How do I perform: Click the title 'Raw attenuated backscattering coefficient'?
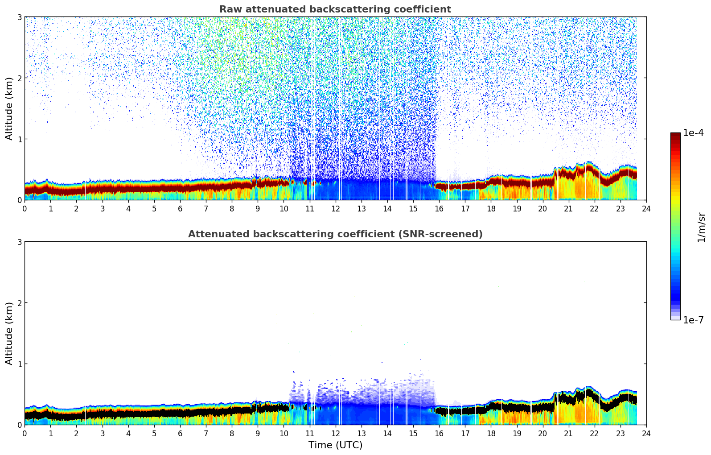(335, 9)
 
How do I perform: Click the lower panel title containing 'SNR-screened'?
(335, 234)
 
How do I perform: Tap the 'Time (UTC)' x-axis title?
(335, 445)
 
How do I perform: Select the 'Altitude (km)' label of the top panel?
(9, 108)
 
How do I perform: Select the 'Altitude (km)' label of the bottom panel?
(9, 333)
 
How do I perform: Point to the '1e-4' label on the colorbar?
(693, 133)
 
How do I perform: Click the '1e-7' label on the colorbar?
(693, 320)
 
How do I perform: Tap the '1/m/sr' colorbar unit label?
(701, 227)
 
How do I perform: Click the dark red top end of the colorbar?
(675, 135)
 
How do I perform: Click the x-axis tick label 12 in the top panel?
(335, 208)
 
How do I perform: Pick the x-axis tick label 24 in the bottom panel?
(646, 433)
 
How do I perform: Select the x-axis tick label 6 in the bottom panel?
(180, 433)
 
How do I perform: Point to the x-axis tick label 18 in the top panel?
(491, 208)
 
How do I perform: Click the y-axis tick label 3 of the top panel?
(20, 17)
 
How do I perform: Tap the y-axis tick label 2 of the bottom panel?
(20, 303)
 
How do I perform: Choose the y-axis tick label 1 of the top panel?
(20, 139)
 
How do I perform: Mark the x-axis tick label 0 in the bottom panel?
(25, 433)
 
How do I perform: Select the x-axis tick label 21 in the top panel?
(568, 208)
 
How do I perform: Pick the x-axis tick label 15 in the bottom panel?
(413, 433)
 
